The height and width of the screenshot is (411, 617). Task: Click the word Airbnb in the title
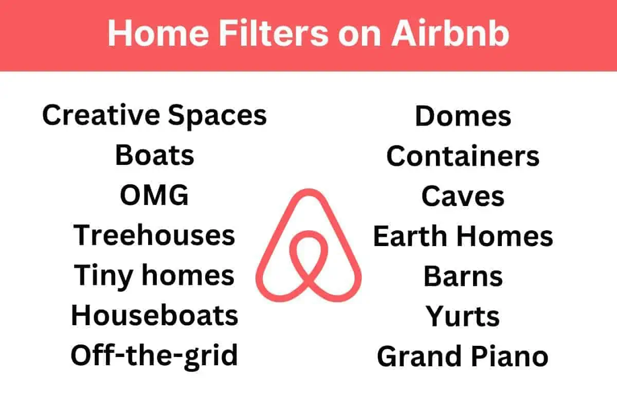(450, 33)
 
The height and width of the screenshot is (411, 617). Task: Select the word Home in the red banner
(158, 33)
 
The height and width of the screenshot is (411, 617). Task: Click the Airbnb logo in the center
(309, 245)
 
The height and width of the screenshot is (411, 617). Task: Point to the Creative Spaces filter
(155, 116)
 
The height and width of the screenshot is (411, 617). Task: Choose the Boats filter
(155, 155)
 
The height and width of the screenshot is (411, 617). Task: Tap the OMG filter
(154, 195)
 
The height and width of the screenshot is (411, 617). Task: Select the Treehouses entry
(154, 235)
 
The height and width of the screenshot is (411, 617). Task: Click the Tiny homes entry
(154, 276)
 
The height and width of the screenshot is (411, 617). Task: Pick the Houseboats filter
(155, 315)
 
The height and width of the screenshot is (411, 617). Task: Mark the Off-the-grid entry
(154, 356)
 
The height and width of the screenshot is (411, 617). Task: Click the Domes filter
(463, 116)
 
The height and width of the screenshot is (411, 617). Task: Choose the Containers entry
(463, 156)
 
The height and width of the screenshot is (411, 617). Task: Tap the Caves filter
(463, 196)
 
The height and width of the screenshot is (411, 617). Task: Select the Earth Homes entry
(463, 236)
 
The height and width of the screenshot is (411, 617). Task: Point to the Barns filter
(463, 276)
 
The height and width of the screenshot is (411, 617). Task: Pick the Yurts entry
(463, 316)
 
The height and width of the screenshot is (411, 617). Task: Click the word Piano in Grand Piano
(510, 356)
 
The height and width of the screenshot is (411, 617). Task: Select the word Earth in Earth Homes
(410, 236)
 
